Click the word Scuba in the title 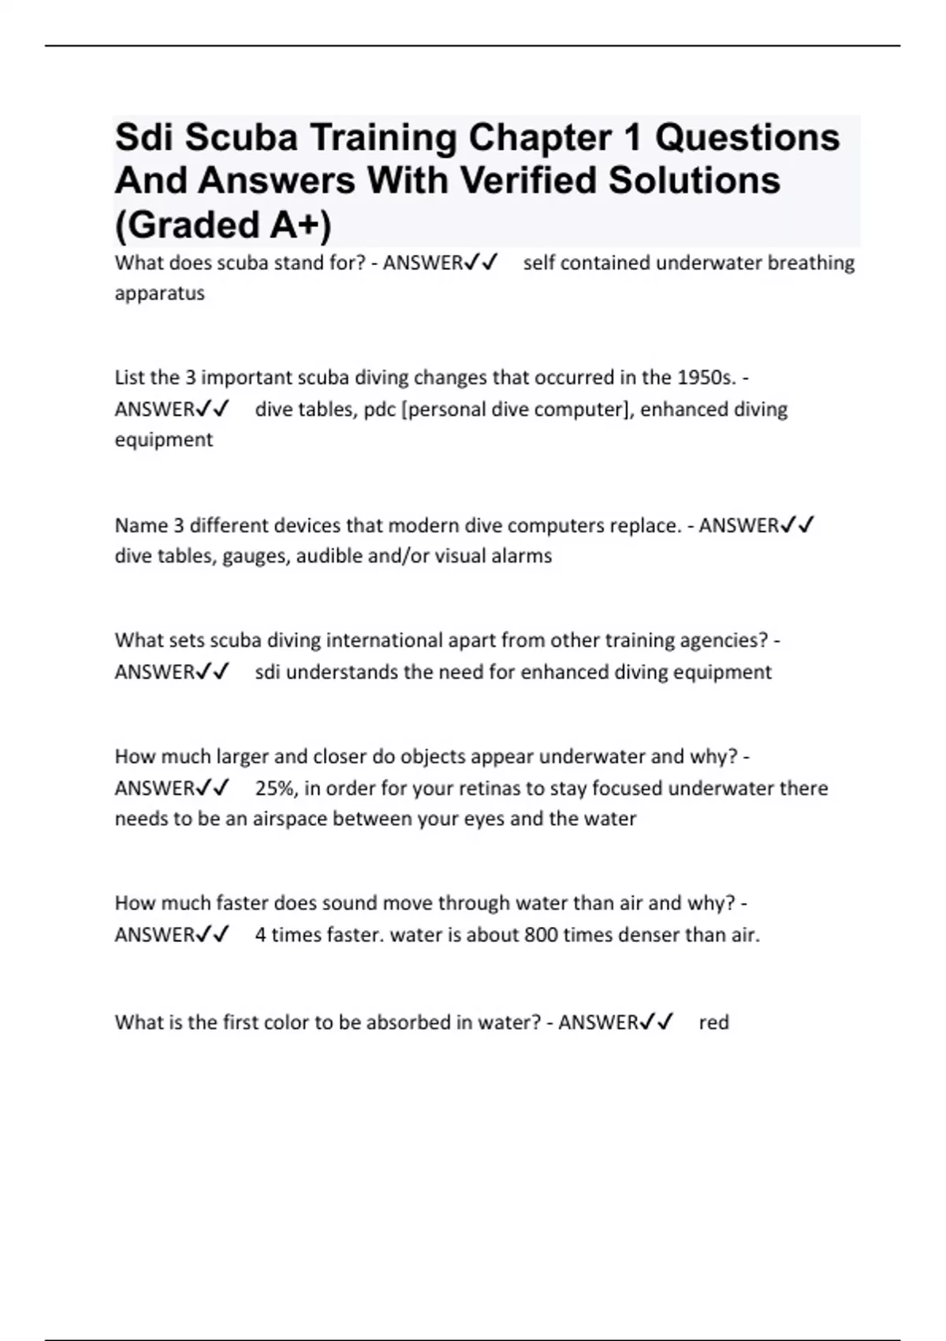click(241, 138)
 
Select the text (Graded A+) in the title click(223, 225)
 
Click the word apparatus click(159, 293)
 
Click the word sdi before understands click(267, 672)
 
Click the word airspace click(289, 819)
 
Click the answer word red click(713, 1022)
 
